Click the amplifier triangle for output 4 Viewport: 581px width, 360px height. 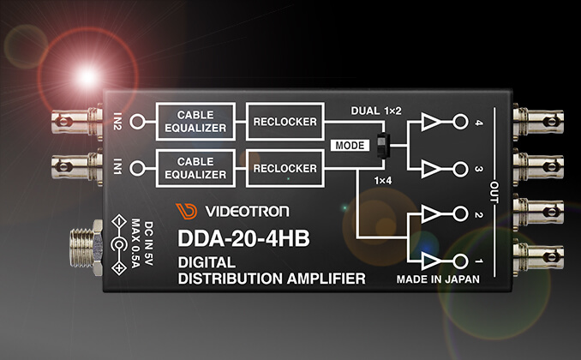[431, 123]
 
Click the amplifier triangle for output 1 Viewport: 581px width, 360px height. [431, 259]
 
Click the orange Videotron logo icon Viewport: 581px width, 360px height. [185, 211]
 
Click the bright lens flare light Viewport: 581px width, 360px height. [87, 76]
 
